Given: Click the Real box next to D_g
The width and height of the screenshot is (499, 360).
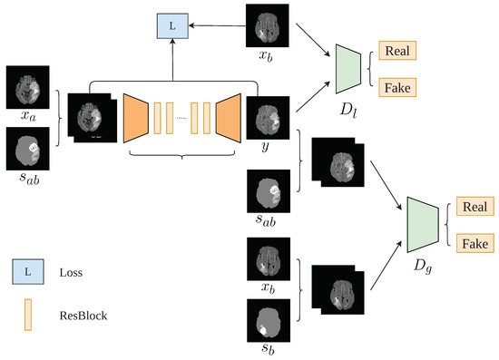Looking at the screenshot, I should click(473, 208).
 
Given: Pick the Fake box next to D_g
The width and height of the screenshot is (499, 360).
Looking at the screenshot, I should click(473, 243).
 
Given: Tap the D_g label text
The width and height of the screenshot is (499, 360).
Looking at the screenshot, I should click(424, 268).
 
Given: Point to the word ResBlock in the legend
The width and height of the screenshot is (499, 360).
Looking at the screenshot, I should click(84, 316).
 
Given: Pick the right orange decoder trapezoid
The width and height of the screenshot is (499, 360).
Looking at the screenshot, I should click(227, 116).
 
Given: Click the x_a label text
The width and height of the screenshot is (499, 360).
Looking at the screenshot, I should click(27, 117).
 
